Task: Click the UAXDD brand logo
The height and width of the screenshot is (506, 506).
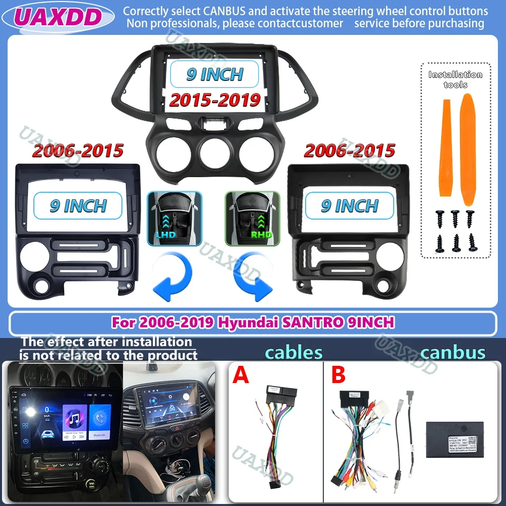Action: point(57,17)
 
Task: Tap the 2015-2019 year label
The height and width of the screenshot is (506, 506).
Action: point(215,100)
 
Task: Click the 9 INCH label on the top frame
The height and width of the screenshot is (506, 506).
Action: point(215,74)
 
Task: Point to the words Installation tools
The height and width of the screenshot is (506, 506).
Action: point(455,79)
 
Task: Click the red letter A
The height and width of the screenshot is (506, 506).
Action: point(241,375)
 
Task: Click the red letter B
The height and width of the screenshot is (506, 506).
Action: point(338,375)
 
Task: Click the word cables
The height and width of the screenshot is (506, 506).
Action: point(294,352)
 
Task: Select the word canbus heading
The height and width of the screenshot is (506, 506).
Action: point(452,352)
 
